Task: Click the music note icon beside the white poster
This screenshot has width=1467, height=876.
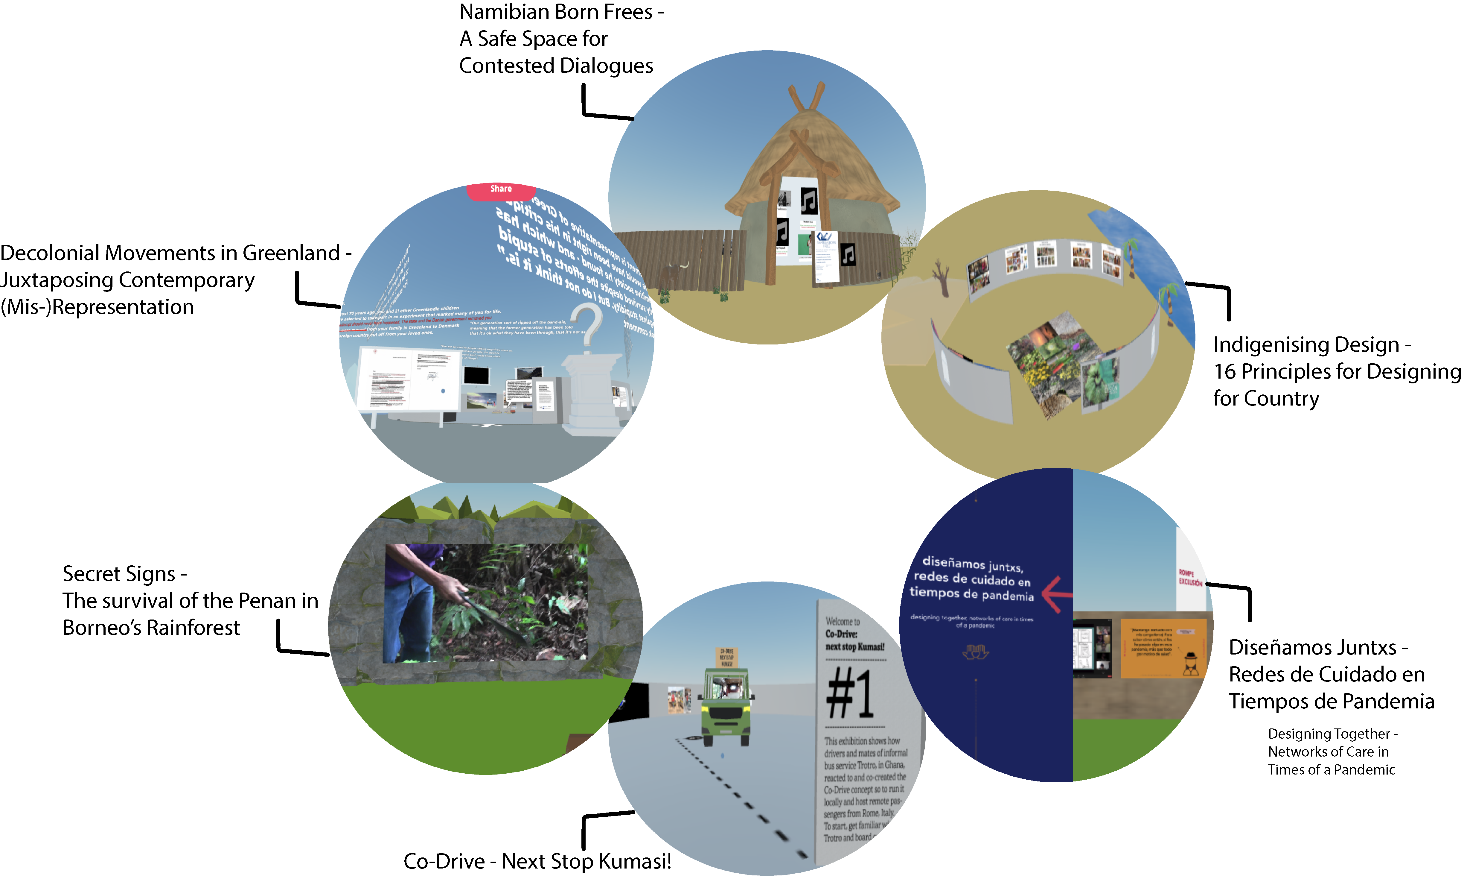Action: coord(848,255)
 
